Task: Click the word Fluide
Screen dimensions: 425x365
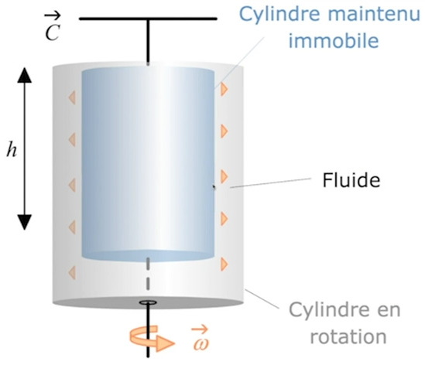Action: coord(351,180)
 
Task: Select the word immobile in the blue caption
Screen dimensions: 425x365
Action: coord(334,41)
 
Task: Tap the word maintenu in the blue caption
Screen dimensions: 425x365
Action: coord(374,14)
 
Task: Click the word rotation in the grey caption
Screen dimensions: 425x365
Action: coord(348,336)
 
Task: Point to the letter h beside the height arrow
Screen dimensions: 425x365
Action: coord(12,150)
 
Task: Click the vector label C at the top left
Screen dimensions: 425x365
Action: coord(53,28)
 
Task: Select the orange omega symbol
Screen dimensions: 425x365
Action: coord(201,339)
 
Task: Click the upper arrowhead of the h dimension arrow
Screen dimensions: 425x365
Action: coord(25,75)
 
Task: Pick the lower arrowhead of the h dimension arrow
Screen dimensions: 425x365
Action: coord(25,222)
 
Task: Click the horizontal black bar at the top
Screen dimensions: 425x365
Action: coord(148,19)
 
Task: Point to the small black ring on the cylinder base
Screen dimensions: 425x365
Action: coord(148,302)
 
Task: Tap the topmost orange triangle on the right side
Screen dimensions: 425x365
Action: coord(224,89)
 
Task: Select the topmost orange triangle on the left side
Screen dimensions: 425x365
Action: coord(72,97)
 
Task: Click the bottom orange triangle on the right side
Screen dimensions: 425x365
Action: coord(224,264)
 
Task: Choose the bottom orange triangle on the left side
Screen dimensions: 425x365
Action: coord(72,272)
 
